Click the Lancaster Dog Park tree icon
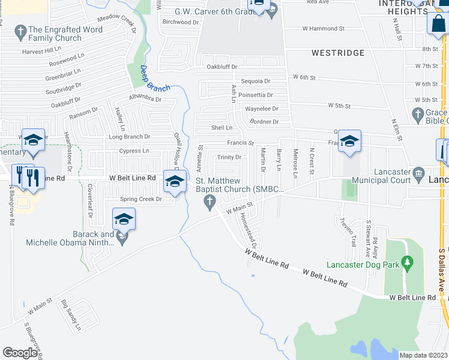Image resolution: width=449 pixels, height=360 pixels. click(x=408, y=262)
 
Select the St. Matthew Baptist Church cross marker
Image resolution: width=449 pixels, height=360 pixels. click(x=209, y=205)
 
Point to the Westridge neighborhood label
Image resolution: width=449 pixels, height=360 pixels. click(x=338, y=53)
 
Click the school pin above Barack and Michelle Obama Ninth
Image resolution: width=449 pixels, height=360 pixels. click(x=124, y=220)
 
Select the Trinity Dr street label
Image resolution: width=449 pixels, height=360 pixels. click(x=229, y=157)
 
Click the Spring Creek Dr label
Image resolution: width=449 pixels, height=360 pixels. click(x=141, y=199)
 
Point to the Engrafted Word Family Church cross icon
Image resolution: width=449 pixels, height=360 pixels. click(x=21, y=30)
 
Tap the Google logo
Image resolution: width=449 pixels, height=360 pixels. click(x=20, y=353)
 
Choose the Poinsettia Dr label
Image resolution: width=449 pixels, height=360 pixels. click(x=255, y=95)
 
